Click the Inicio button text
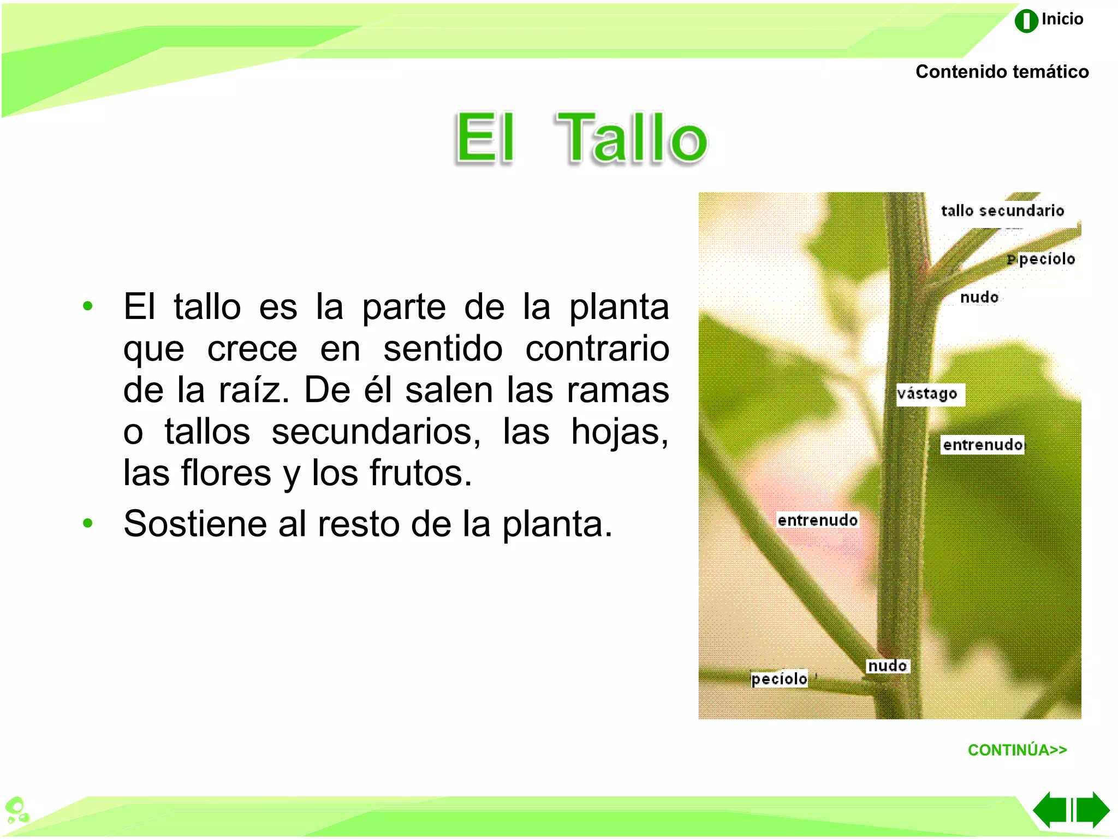1062,19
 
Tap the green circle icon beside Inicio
1026,21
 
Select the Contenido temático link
1002,72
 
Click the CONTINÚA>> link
1017,750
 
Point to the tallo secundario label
1002,211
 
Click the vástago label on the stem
928,394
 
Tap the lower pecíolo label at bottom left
779,679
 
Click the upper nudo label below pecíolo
979,298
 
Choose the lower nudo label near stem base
888,666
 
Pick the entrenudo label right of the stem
983,445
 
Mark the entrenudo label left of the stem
817,520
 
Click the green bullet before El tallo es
87,306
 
